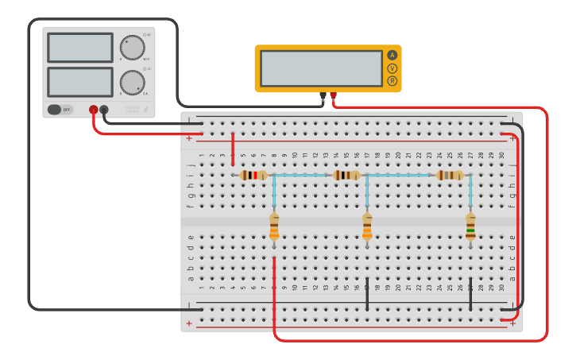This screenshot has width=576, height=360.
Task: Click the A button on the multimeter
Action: coord(392,55)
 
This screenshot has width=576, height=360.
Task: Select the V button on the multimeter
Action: coord(392,68)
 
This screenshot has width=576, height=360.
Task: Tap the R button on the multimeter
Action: coord(392,81)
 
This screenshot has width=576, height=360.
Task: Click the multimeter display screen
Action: coord(321,68)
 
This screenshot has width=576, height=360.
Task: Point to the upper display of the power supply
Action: coord(80,47)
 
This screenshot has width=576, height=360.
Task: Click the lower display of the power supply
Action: coord(80,82)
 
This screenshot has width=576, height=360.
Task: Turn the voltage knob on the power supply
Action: coord(133,48)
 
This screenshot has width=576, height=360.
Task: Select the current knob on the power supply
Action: coord(133,82)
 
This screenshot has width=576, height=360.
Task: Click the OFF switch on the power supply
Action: coord(60,110)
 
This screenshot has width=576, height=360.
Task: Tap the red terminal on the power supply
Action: coord(94,110)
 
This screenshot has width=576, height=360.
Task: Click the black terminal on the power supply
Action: coord(104,110)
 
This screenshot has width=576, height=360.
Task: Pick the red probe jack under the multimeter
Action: coord(333,96)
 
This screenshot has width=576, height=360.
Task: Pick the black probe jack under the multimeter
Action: coord(323,96)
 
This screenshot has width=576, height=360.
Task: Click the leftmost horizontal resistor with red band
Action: coord(253,175)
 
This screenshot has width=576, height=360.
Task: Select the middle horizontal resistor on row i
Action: coord(346,175)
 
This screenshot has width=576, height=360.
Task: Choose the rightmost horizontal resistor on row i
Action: coord(450,175)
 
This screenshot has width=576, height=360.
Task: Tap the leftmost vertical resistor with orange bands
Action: coord(274,226)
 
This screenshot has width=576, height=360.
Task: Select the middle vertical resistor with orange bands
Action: coord(367,226)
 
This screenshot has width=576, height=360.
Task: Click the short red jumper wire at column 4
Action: coord(233,149)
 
